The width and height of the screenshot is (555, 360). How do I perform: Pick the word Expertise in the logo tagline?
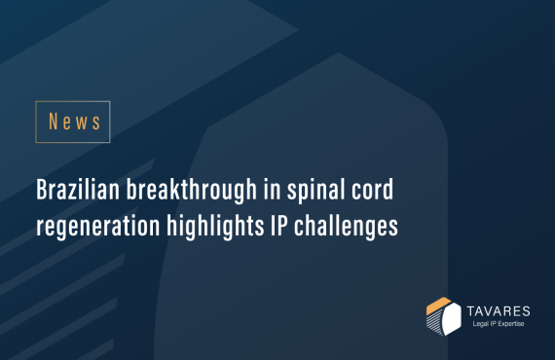pos(510,323)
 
